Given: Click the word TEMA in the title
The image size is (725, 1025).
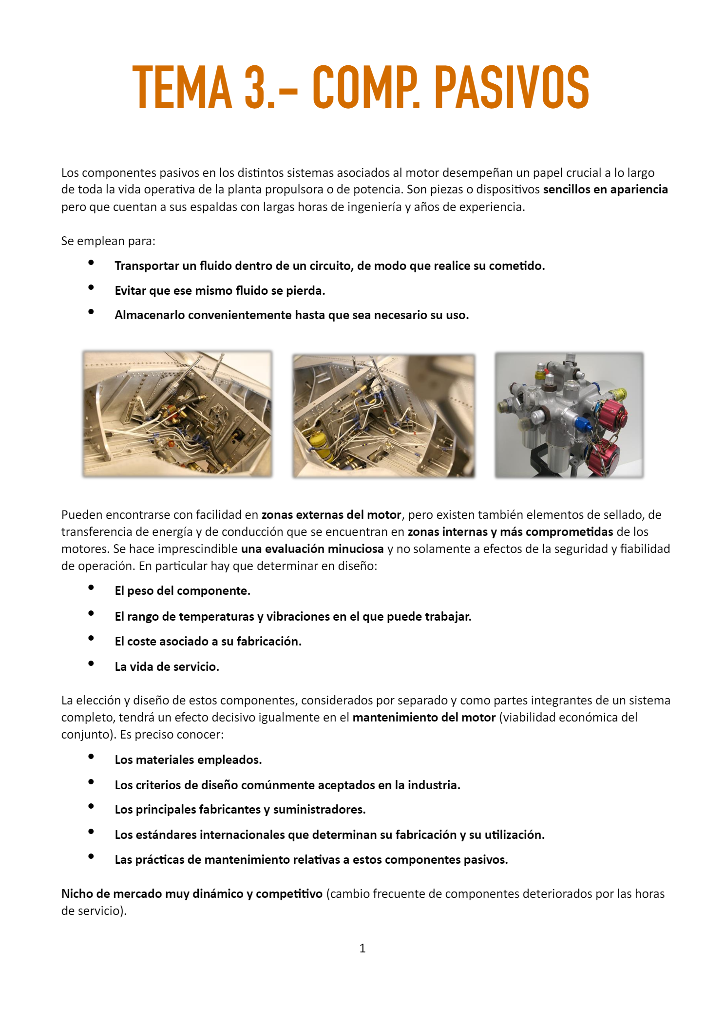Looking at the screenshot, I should click(182, 88).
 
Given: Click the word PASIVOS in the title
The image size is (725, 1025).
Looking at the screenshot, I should click(511, 88).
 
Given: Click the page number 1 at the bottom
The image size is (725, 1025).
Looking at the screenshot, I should click(362, 948).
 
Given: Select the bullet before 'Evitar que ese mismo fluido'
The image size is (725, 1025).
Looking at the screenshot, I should click(91, 287).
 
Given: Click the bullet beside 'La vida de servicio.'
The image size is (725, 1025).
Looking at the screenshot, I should click(91, 663).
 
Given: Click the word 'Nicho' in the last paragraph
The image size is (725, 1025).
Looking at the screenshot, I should click(77, 894).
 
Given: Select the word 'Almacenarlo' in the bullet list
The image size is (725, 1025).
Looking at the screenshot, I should click(150, 315).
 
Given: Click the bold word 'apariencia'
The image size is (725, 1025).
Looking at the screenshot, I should click(639, 190).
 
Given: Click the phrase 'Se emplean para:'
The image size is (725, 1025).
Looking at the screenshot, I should click(108, 241).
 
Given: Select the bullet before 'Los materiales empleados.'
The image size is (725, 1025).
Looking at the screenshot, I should click(91, 757).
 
